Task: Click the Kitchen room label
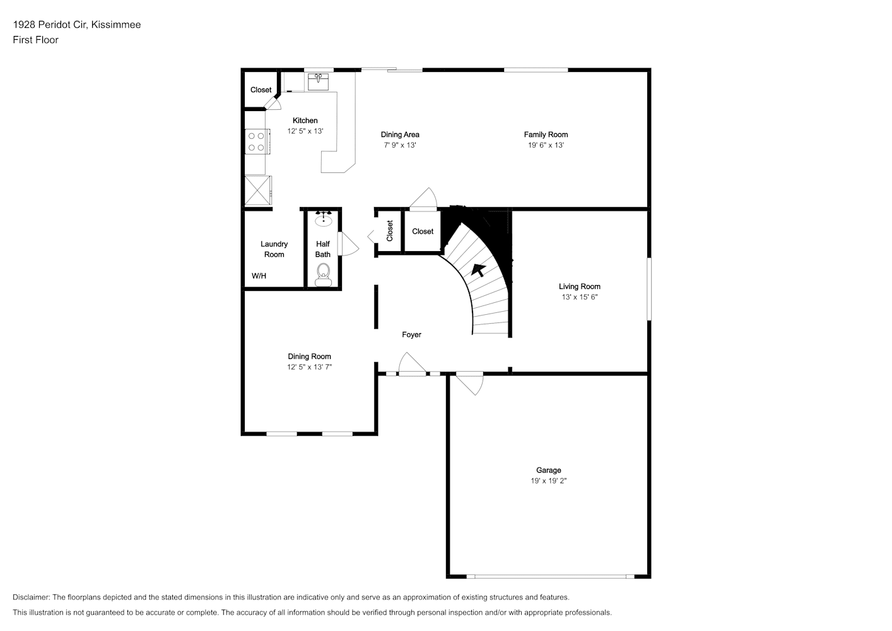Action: click(x=305, y=121)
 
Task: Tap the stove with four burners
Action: click(x=257, y=141)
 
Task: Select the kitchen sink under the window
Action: click(x=318, y=81)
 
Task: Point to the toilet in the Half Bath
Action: click(x=323, y=276)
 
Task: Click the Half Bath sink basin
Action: click(x=324, y=219)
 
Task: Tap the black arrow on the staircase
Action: click(x=478, y=269)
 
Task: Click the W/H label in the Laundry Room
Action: click(x=259, y=276)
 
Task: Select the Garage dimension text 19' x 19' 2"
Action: click(x=548, y=481)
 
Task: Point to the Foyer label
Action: click(x=411, y=334)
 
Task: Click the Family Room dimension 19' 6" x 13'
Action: click(x=546, y=145)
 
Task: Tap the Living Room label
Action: click(x=579, y=286)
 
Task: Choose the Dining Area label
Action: click(x=400, y=134)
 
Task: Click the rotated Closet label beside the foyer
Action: click(x=389, y=231)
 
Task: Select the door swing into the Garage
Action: click(x=470, y=383)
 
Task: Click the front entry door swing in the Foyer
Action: click(x=412, y=364)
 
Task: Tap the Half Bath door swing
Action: click(x=348, y=244)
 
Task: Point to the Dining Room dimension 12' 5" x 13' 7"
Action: click(x=309, y=367)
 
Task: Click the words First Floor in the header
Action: click(x=35, y=40)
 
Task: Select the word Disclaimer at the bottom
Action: click(x=32, y=597)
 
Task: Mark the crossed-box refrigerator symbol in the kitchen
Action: click(x=258, y=191)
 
